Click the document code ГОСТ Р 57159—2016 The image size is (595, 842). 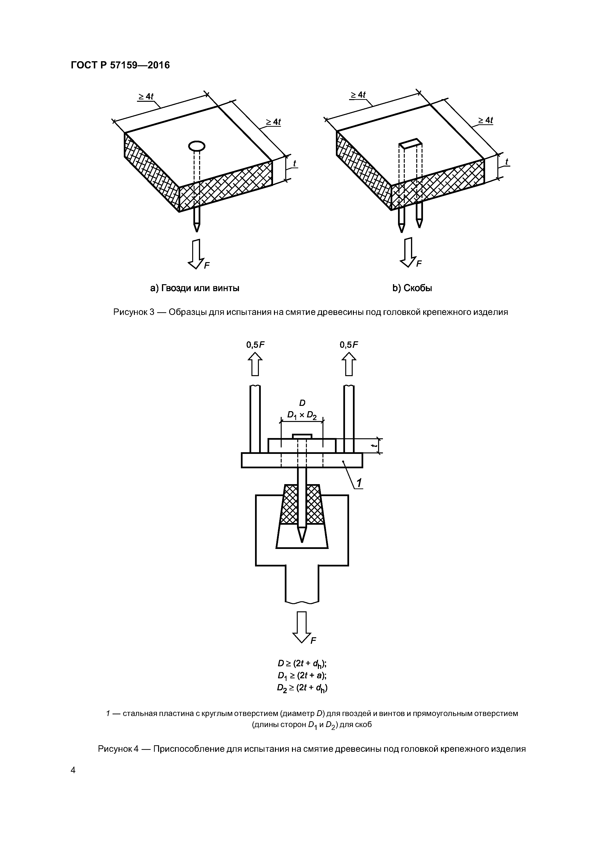120,65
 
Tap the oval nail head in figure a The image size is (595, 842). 196,146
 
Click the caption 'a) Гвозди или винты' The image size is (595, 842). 195,288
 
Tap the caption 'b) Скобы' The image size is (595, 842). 412,288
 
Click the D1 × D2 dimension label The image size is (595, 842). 302,415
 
